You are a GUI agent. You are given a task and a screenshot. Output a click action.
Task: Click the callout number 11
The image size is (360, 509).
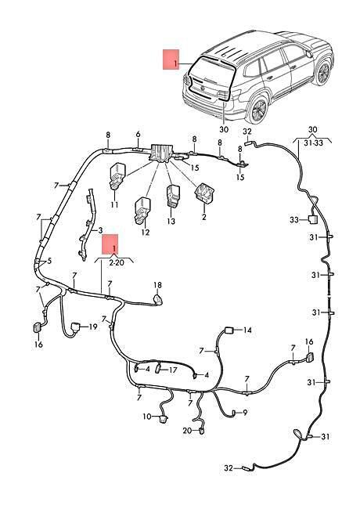point(114,205)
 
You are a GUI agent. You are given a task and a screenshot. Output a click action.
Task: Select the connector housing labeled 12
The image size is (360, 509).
point(142,210)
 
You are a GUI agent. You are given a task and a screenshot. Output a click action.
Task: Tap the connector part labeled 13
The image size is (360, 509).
point(172,196)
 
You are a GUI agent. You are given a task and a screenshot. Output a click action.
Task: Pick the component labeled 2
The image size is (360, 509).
point(204,193)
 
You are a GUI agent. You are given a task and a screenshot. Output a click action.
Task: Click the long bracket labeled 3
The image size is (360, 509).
point(87,224)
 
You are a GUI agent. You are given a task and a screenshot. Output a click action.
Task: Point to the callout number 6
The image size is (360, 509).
point(139,135)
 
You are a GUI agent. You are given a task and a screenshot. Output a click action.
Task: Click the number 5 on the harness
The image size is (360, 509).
point(49,261)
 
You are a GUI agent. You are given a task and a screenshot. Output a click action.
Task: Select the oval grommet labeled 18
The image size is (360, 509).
point(157,299)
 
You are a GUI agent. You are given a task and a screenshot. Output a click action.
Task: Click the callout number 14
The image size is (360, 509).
point(247,330)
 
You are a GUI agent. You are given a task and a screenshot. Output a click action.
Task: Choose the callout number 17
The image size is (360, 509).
point(173,370)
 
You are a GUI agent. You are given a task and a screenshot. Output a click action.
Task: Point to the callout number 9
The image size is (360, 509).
point(245,413)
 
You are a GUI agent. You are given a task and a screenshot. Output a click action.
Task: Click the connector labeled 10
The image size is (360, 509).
point(163,418)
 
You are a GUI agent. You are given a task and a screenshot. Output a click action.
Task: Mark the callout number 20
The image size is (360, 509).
point(188,431)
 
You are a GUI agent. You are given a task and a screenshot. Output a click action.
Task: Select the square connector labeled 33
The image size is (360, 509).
point(312,220)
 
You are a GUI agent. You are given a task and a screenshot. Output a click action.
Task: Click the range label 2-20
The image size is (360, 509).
point(117,262)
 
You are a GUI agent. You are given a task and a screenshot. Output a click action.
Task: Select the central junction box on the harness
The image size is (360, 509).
point(161,152)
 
